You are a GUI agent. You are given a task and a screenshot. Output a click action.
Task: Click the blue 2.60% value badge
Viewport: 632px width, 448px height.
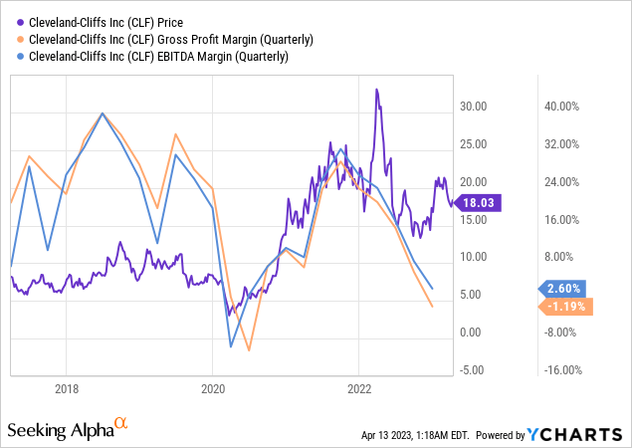pos(568,289)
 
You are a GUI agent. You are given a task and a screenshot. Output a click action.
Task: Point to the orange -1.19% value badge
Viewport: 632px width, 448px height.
pos(568,306)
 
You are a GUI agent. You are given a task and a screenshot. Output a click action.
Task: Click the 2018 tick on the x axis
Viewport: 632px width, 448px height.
pos(67,388)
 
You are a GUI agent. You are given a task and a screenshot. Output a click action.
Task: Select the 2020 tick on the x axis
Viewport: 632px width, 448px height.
pos(213,388)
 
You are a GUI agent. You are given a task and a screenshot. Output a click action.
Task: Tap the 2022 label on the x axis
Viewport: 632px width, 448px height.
pos(359,388)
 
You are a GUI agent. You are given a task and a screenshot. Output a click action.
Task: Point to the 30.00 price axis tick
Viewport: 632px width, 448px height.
pos(474,107)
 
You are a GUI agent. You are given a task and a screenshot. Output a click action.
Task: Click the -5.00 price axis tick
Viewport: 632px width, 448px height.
pos(474,370)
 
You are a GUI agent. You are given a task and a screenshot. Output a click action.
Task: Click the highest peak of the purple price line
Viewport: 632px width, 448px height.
pos(376,90)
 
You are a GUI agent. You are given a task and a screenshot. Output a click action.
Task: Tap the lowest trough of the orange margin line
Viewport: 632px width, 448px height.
pos(249,350)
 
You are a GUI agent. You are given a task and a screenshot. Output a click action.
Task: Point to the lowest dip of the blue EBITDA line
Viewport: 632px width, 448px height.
pos(231,346)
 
